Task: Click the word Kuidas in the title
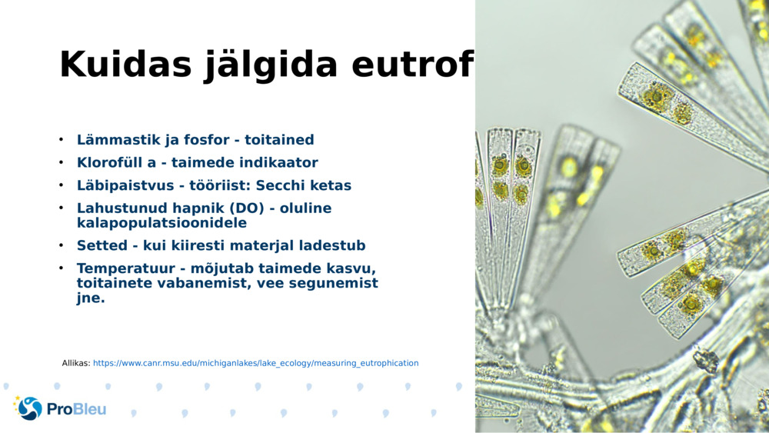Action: pos(125,65)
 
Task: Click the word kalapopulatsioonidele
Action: pos(161,223)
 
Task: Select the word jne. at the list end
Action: pos(91,298)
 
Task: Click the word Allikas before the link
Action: pos(76,363)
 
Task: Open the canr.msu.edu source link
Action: pos(255,363)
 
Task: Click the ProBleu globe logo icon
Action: pos(29,408)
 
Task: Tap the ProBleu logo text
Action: pos(76,409)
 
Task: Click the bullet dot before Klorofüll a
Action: pos(61,163)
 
